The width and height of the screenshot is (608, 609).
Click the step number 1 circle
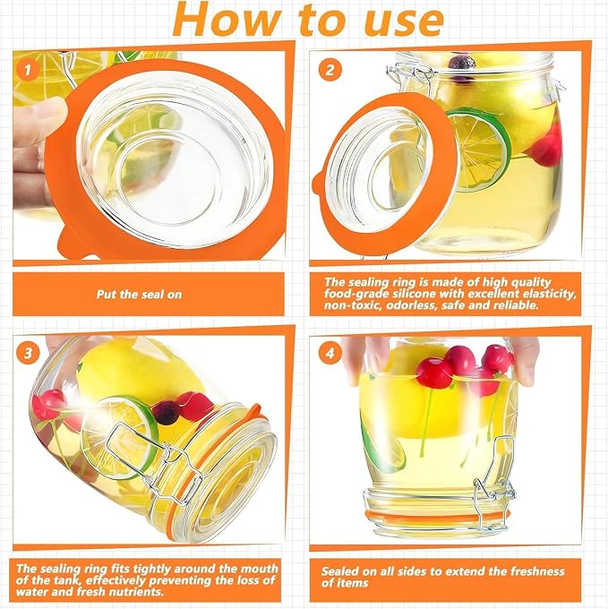click(27, 70)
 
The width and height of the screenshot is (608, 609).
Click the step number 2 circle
click(330, 70)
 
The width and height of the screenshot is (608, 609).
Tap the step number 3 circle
click(27, 353)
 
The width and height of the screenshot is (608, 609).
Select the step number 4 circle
click(330, 353)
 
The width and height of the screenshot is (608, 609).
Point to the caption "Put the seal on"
click(139, 294)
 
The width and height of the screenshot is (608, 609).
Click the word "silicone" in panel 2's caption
click(415, 293)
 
